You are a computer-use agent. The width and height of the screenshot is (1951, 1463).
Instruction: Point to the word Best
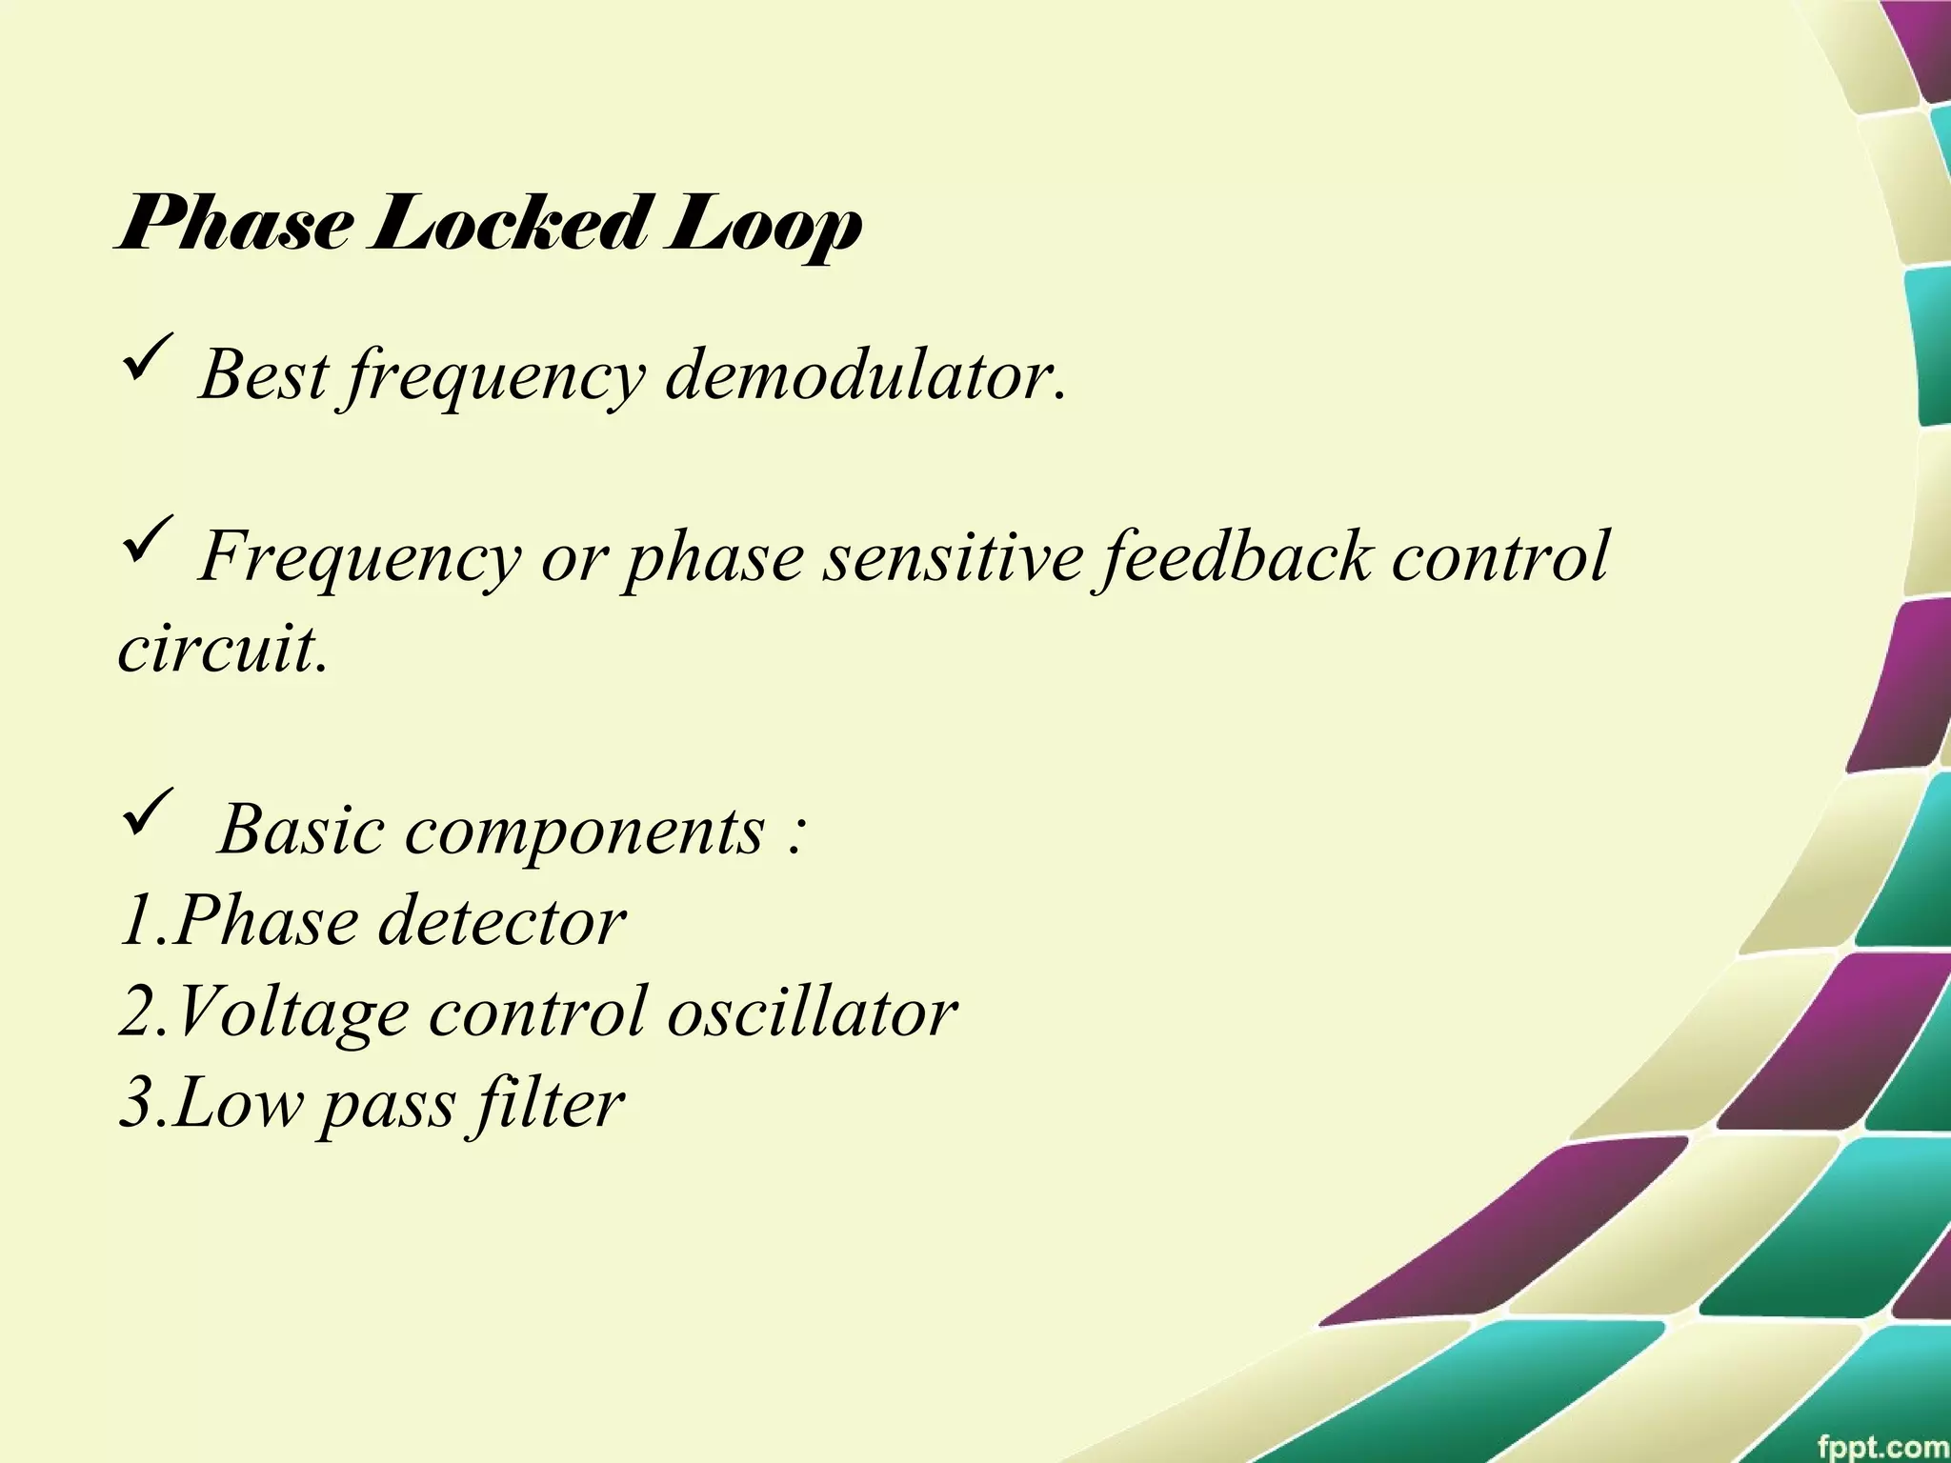(x=264, y=374)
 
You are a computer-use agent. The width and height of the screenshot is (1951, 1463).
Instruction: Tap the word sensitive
(x=953, y=555)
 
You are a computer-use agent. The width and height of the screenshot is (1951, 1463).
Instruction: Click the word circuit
(x=223, y=649)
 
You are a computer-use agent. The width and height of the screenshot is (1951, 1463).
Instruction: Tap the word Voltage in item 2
(x=291, y=1012)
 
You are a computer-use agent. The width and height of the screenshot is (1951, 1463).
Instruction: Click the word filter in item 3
(x=547, y=1103)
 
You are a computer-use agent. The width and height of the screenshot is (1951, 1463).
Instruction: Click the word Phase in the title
(x=232, y=225)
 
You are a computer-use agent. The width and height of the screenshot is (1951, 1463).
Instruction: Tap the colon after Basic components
(x=796, y=834)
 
